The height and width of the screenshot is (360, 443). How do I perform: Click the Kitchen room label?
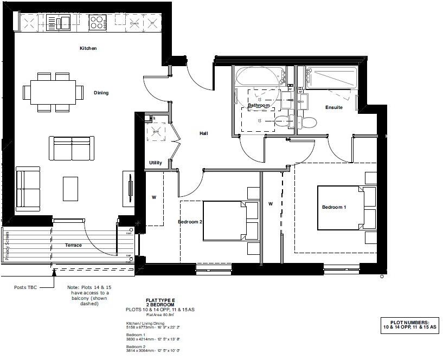coord(88,48)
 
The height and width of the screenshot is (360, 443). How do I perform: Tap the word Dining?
coord(101,93)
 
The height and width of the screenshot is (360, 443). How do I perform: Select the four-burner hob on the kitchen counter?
coord(97,22)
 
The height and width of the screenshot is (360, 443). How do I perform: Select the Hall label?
coord(203,133)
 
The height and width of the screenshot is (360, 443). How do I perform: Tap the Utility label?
coord(156,163)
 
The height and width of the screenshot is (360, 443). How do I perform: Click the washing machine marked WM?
coord(157,131)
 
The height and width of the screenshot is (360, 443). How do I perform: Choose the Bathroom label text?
coord(259,105)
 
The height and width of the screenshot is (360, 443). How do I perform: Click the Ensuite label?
coord(333,107)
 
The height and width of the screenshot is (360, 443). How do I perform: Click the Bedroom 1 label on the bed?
coord(334,207)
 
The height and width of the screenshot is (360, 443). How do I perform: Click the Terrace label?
coord(73,245)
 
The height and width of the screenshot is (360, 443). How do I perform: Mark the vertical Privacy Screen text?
coord(8,245)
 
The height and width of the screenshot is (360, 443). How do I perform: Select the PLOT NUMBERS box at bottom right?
coord(409,326)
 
